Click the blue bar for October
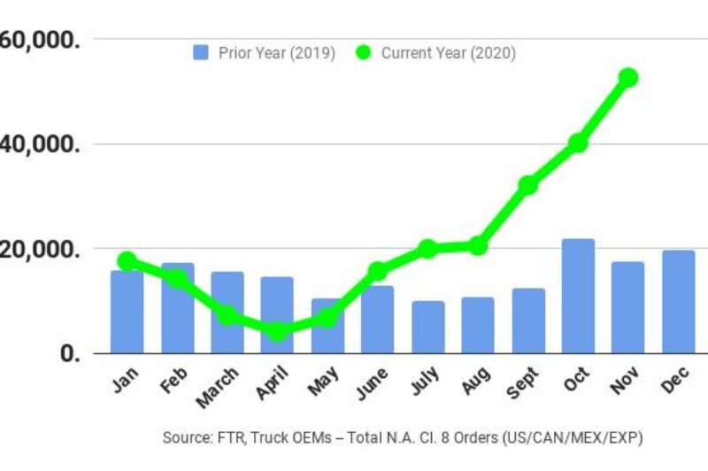tap(578, 296)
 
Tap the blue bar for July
tap(428, 327)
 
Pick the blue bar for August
tap(478, 325)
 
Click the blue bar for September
tap(528, 320)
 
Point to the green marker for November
tap(628, 78)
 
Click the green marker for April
tap(277, 331)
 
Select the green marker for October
tap(578, 143)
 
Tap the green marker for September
tap(528, 185)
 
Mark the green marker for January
tap(127, 260)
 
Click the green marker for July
tap(427, 249)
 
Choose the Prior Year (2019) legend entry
tap(264, 53)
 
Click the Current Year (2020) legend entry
tap(436, 53)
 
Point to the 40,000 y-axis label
tap(40, 143)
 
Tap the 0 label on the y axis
tap(72, 353)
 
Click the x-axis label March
tap(218, 388)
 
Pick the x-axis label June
tap(371, 384)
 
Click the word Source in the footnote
tap(182, 438)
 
